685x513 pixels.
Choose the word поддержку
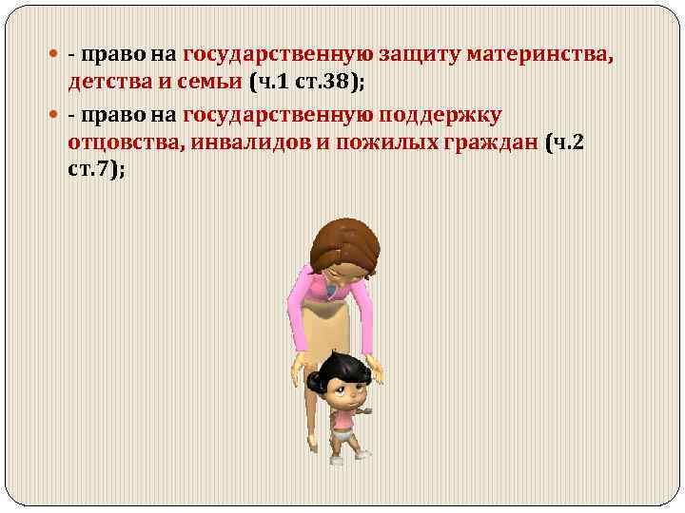[x=440, y=116]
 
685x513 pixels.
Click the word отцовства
[x=121, y=142]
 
